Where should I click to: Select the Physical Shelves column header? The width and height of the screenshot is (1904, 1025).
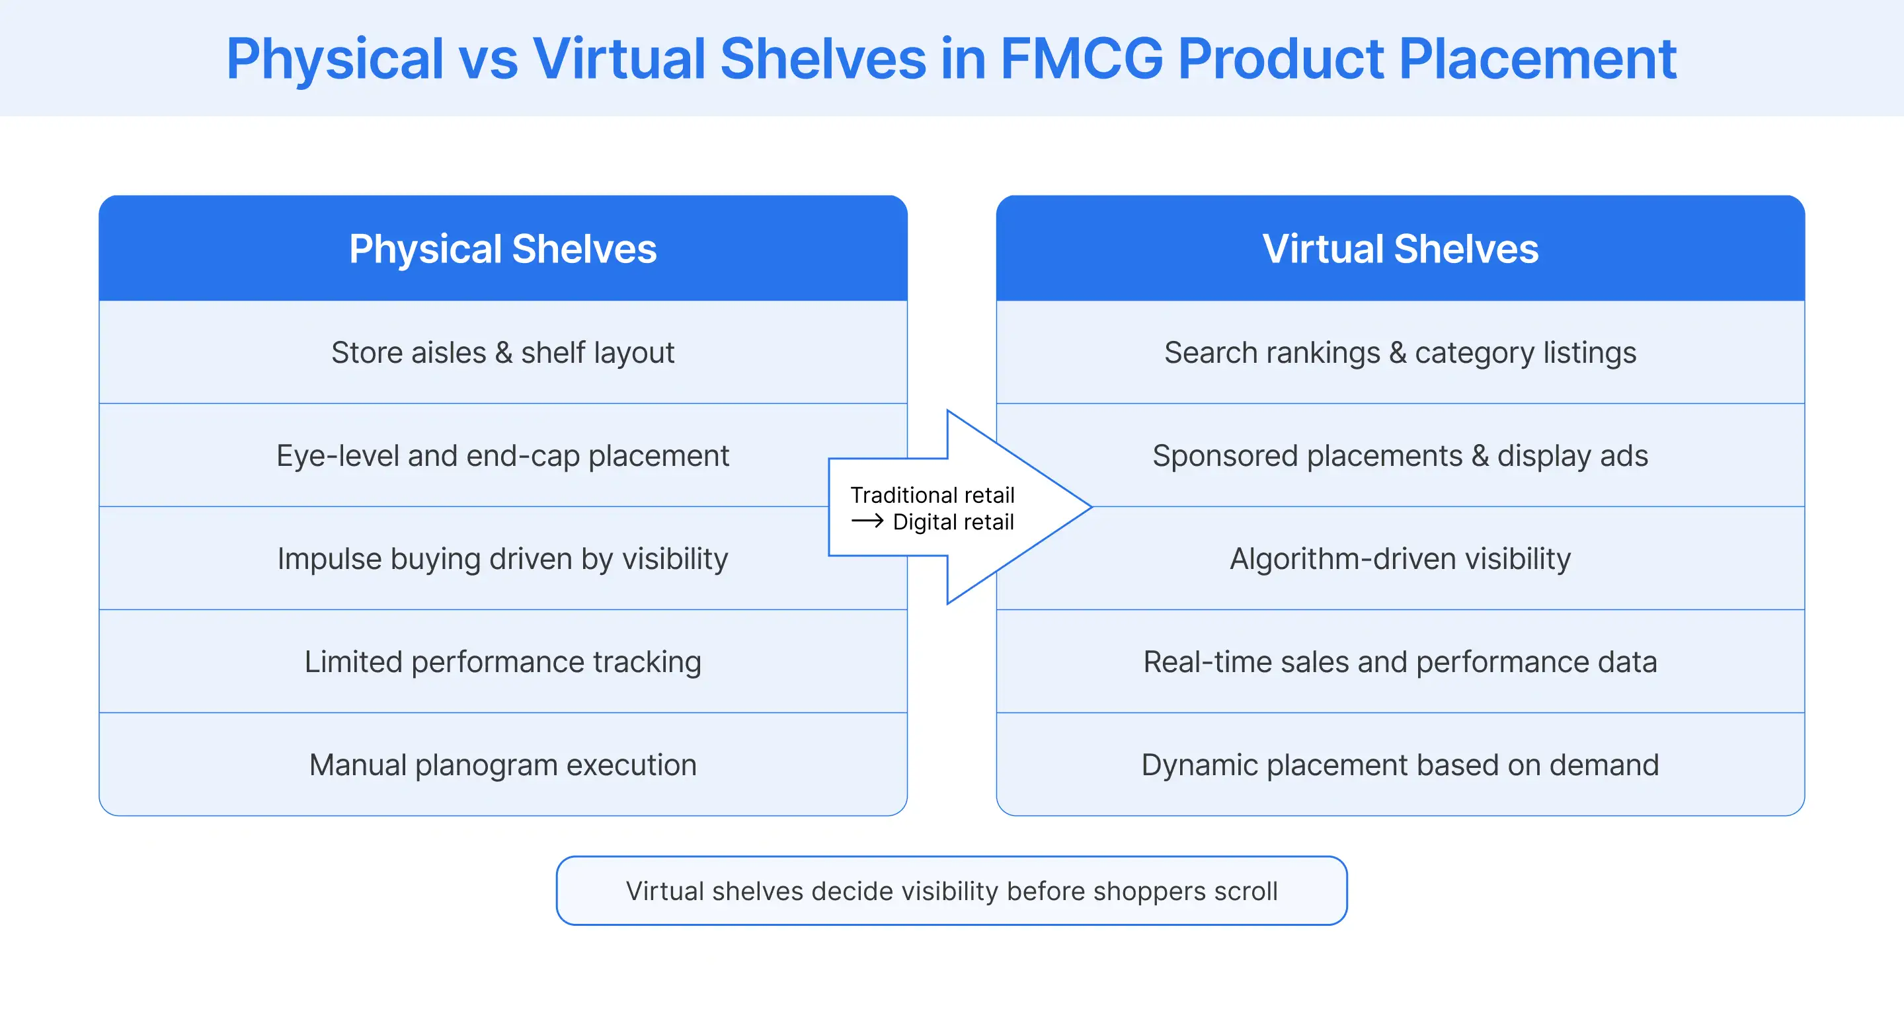[x=502, y=249]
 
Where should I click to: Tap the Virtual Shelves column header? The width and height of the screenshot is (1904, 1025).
[x=1400, y=249]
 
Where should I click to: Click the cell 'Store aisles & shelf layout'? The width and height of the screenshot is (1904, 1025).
[x=502, y=352]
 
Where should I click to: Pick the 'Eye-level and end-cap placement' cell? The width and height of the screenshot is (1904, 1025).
[x=502, y=456]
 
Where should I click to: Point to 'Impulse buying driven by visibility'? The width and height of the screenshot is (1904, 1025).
[x=502, y=558]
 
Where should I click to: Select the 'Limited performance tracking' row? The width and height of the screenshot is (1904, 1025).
[x=502, y=662]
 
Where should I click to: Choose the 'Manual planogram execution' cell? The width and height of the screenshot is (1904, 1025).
[x=502, y=765]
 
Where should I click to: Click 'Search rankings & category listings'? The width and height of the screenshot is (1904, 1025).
[x=1400, y=352]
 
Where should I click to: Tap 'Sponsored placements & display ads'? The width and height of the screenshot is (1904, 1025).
[x=1400, y=456]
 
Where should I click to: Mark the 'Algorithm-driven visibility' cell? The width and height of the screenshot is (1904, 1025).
[x=1400, y=558]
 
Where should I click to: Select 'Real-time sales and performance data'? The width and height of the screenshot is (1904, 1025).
[x=1400, y=662]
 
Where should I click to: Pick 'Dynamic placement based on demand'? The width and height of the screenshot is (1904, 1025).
[x=1400, y=765]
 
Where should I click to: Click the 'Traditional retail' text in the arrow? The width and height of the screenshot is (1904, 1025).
[x=932, y=494]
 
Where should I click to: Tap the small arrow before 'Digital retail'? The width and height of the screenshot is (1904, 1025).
[x=867, y=521]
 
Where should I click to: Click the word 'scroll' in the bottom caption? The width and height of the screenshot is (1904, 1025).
[x=1246, y=892]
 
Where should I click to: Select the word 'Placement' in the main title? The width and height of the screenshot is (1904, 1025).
[x=1537, y=59]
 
